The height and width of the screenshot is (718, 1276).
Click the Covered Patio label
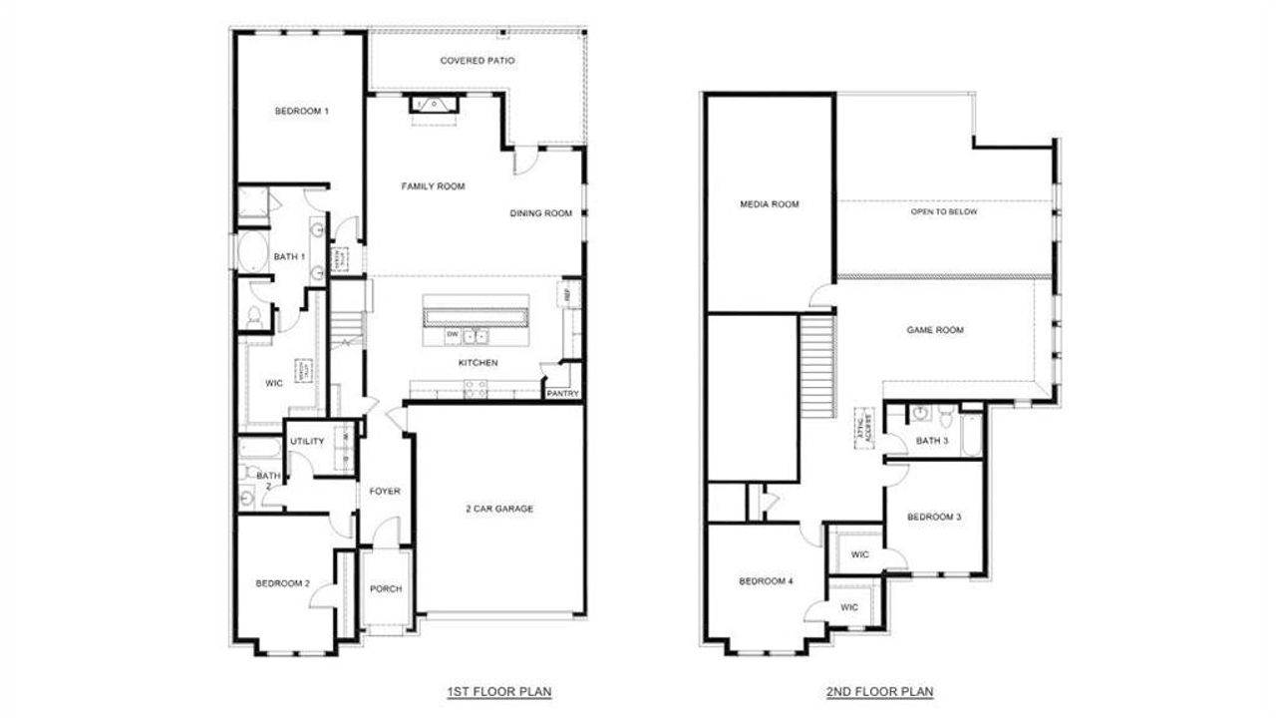478,61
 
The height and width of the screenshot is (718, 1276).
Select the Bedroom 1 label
302,111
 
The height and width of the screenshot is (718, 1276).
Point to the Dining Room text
541,213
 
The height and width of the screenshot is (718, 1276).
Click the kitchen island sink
477,335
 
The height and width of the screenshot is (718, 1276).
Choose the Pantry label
562,394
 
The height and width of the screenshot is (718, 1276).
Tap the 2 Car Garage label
499,509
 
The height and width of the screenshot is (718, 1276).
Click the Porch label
386,588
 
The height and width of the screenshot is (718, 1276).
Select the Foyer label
385,492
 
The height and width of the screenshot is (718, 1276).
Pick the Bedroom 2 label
282,583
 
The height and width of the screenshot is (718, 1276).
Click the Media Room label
770,204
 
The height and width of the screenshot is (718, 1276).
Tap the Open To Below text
944,212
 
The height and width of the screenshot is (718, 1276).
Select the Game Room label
935,330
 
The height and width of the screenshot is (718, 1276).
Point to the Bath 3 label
932,441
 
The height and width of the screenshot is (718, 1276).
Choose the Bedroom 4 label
766,582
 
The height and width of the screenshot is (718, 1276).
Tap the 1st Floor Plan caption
499,690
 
